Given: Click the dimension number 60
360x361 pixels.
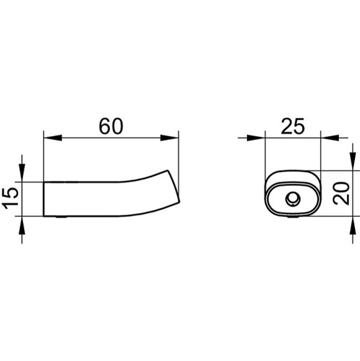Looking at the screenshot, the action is (111, 126).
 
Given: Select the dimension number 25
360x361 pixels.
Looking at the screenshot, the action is (293, 126).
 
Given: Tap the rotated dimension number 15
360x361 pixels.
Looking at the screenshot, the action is (11, 198).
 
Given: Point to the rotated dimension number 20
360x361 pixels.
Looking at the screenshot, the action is (341, 194).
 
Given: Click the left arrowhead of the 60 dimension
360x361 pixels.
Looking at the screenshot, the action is (53, 138).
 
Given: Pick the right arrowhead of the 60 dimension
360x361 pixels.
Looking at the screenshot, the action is (170, 138).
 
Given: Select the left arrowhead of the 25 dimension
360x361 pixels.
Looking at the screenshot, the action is (256, 138).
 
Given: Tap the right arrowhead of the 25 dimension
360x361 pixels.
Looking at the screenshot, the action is (330, 138).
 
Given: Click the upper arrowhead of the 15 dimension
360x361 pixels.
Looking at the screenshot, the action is (22, 172).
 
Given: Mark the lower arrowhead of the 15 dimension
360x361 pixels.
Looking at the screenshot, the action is (22, 225).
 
